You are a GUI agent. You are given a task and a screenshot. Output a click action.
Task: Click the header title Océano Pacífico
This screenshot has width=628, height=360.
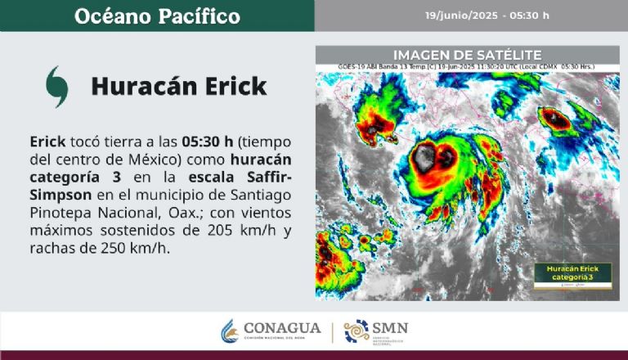[x=157, y=16]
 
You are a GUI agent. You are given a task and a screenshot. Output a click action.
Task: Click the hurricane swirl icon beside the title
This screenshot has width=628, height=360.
[x=56, y=85]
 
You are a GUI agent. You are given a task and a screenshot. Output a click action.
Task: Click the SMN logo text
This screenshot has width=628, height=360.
[x=389, y=329]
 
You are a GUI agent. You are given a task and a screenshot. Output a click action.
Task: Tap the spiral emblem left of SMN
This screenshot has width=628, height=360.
[x=356, y=331]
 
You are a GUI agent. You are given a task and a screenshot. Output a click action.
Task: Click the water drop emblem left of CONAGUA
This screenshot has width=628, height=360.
[x=229, y=331]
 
